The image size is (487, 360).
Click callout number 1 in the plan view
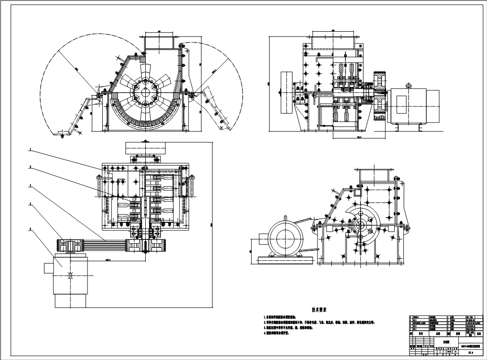pyautogui.click(x=30, y=150)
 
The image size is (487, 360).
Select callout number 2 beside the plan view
pyautogui.click(x=30, y=167)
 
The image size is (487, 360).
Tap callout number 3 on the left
pyautogui.click(x=30, y=186)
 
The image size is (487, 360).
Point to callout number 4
pyautogui.click(x=30, y=205)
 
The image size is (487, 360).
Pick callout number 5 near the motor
pyautogui.click(x=30, y=229)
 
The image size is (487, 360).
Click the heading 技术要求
pyautogui.click(x=320, y=310)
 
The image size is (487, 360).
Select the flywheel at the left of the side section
pyautogui.click(x=287, y=92)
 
